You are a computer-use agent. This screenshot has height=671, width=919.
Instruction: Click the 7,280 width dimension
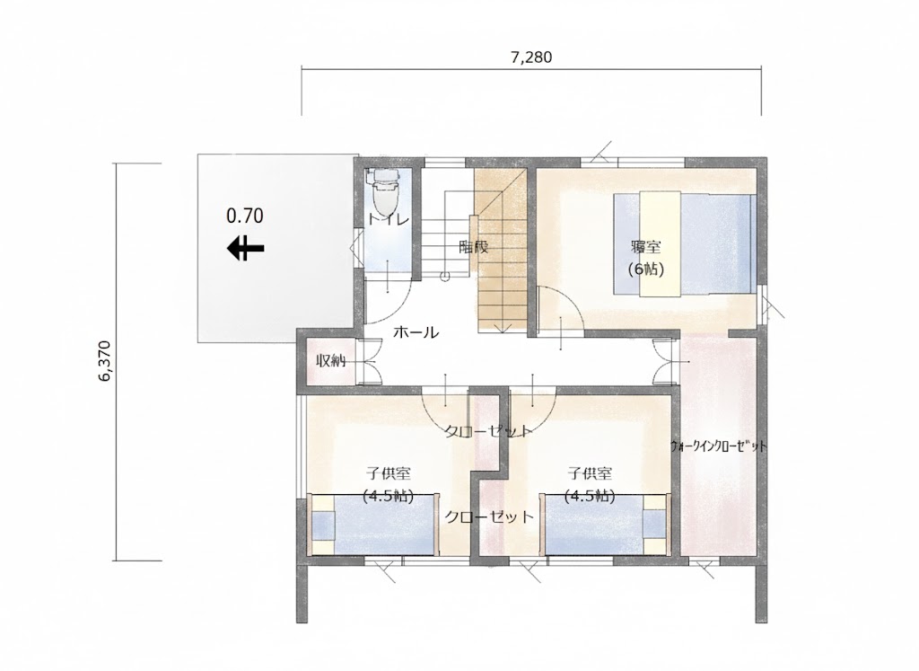coord(530,57)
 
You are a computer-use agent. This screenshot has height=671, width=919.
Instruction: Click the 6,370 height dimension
coord(105,361)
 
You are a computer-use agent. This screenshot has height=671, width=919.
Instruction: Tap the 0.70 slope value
coord(245,216)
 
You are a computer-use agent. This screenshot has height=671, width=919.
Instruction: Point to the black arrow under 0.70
coord(245,248)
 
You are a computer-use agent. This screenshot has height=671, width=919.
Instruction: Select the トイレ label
coord(389,220)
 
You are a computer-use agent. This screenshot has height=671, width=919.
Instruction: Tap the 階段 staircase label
coord(473,247)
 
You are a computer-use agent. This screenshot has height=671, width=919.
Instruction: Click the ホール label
coord(416,332)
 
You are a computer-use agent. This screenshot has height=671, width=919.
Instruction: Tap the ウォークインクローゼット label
coord(720,446)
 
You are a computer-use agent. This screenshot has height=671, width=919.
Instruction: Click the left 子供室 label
coord(388,473)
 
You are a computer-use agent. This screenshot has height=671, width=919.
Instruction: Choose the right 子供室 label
coord(590,473)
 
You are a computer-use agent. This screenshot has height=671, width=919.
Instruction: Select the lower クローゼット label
coord(490,517)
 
